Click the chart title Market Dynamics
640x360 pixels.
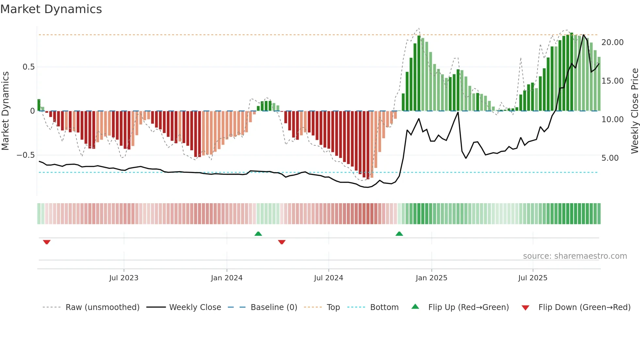51,9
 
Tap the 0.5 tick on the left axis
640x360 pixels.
28,67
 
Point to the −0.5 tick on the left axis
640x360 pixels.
26,155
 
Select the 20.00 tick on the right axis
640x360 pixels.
613,42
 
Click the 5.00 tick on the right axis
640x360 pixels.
610,158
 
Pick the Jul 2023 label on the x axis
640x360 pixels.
124,278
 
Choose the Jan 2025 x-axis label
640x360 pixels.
431,278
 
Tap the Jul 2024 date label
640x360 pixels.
328,278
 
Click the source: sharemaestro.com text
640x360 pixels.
575,256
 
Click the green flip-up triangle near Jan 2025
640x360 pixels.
399,234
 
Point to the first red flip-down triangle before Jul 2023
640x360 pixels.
47,242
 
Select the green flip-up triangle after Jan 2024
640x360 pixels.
258,234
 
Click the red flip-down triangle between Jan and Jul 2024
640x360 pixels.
282,242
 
